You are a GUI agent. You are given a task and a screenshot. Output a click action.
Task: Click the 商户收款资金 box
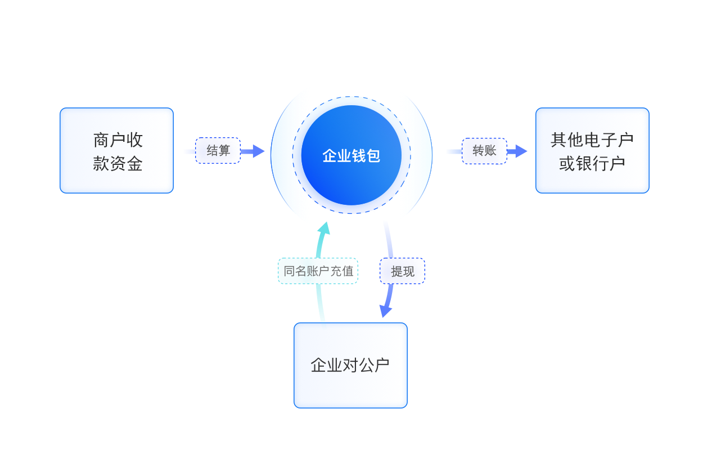point(116,150)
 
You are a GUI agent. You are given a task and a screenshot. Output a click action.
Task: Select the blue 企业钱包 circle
point(351,155)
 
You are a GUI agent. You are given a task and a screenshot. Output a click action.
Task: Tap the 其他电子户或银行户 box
point(592,150)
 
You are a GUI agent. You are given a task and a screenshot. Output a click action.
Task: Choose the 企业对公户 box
point(350,365)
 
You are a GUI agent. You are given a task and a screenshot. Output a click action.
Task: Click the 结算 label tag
point(218,151)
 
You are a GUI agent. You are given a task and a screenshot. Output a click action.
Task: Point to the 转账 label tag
point(484,151)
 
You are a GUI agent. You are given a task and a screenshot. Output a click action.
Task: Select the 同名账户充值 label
point(318,271)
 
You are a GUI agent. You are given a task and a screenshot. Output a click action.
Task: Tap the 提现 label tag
point(402,271)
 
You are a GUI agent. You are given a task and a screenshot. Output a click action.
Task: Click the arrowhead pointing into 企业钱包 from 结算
point(258,151)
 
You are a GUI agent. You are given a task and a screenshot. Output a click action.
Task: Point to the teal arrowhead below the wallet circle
point(323,227)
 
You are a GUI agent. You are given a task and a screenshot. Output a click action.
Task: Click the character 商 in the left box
point(101,140)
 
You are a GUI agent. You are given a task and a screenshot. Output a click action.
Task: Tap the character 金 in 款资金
point(134,164)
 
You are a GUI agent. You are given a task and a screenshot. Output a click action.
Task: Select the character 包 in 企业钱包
point(373,156)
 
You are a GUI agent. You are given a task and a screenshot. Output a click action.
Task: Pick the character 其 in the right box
point(558,140)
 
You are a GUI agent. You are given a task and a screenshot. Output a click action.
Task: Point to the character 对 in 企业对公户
point(350,365)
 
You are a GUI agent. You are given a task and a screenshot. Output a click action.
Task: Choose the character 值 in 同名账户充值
point(348,271)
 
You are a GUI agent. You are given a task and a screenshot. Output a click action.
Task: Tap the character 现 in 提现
point(408,271)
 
